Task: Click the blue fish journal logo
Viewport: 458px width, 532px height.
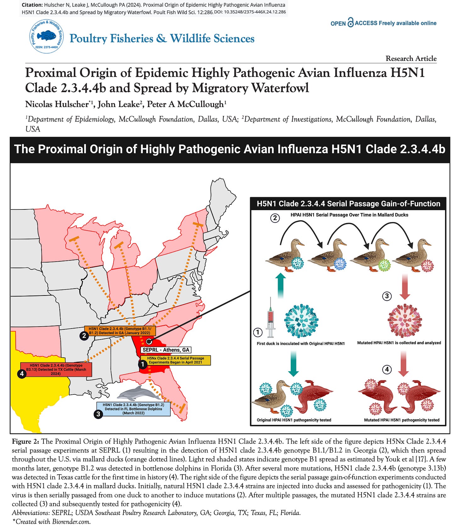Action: pyautogui.click(x=46, y=35)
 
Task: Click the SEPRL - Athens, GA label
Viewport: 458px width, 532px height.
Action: pyautogui.click(x=166, y=350)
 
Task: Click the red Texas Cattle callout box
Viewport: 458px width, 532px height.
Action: pyautogui.click(x=56, y=370)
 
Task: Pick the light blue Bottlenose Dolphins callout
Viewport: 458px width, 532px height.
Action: pyautogui.click(x=134, y=409)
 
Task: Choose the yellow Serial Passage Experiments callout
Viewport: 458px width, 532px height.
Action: pyautogui.click(x=176, y=360)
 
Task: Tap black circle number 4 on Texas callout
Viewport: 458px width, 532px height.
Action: pyautogui.click(x=22, y=374)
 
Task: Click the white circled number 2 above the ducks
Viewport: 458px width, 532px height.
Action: pyautogui.click(x=275, y=218)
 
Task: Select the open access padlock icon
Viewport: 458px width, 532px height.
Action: pyautogui.click(x=350, y=23)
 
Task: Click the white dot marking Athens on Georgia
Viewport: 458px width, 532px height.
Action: pyautogui.click(x=149, y=341)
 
